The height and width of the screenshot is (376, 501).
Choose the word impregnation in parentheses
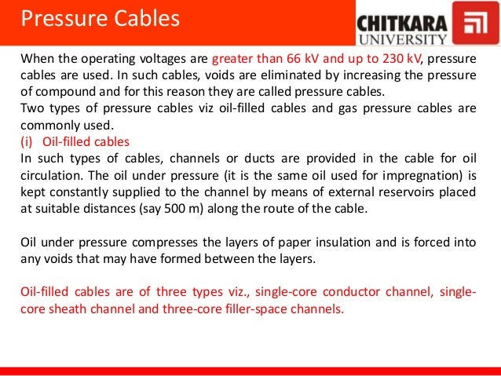tap(408, 176)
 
